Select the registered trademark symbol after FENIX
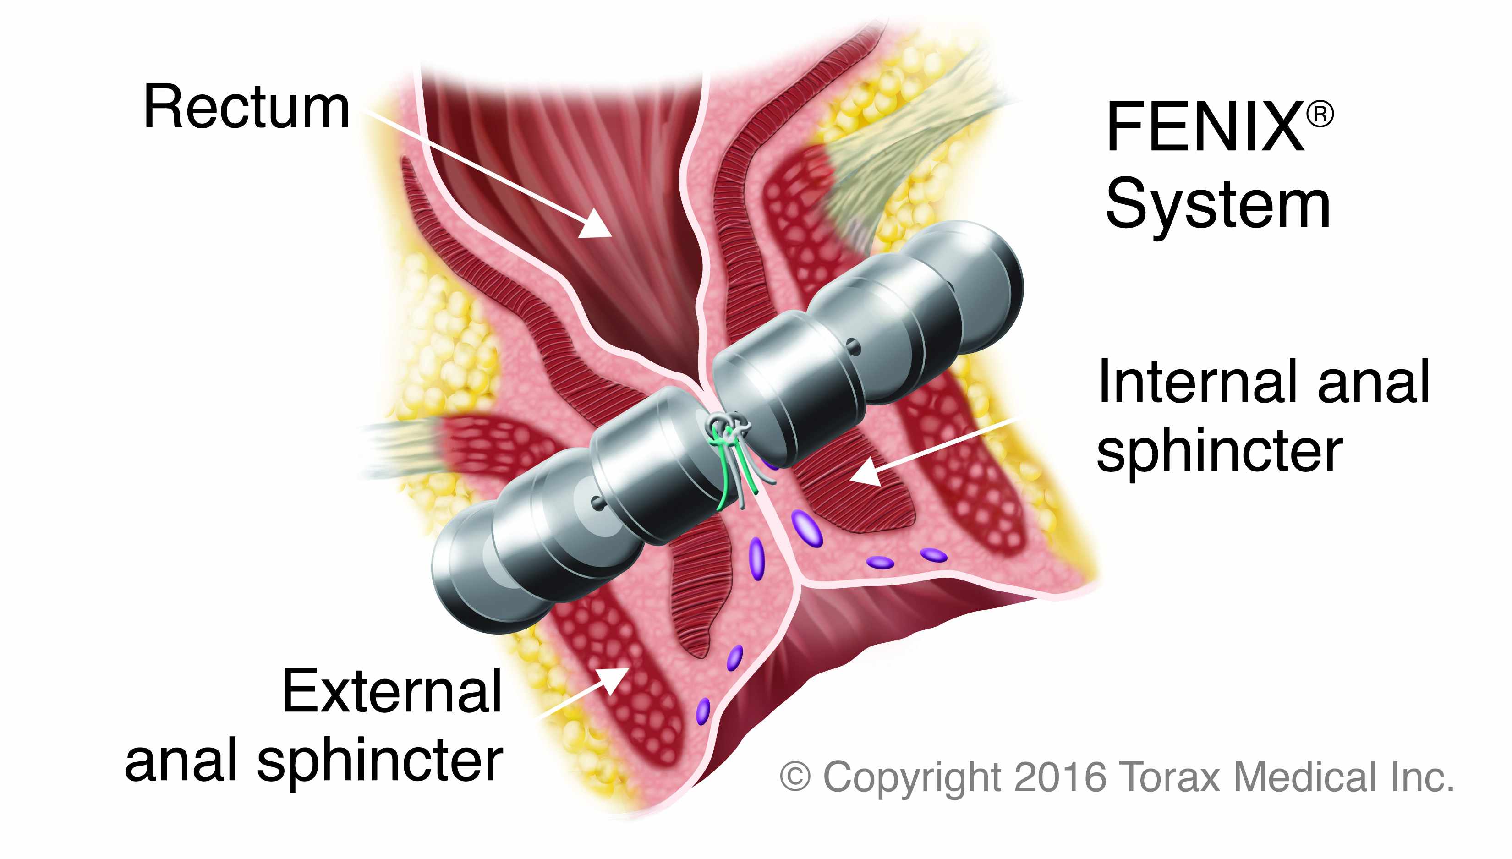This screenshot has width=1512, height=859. click(1320, 114)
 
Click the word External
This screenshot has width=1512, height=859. click(392, 691)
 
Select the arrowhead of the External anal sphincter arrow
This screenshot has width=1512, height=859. click(614, 678)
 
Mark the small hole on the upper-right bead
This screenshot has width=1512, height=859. click(853, 347)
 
